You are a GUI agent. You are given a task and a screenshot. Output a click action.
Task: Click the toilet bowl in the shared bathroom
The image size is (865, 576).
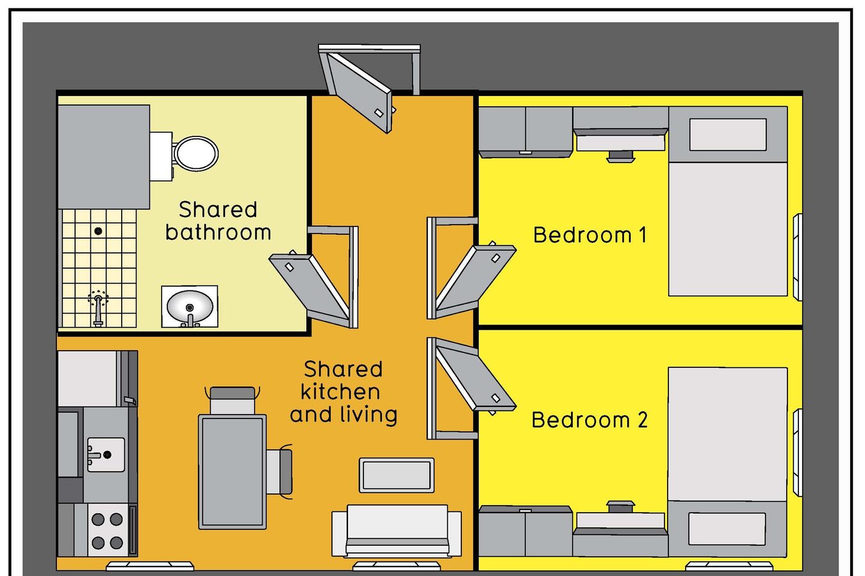pos(196,153)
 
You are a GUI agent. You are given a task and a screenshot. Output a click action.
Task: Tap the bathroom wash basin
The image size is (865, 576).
pos(189,307)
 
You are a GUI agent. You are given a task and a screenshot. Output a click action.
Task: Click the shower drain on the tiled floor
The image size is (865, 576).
pos(98,231)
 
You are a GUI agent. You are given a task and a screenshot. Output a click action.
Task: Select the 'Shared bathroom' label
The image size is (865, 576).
pos(218,221)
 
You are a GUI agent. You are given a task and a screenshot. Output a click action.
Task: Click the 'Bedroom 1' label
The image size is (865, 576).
pos(589,235)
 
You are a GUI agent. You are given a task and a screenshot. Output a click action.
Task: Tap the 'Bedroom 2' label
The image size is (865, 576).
pos(589,420)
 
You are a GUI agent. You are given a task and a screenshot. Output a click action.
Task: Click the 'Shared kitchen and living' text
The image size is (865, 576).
pos(343,392)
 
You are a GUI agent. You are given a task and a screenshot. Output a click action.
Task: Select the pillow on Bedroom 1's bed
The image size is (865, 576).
pos(727,134)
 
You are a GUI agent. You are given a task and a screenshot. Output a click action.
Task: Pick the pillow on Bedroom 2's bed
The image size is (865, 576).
pos(727,529)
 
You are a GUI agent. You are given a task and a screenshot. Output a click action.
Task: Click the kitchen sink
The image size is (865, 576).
pos(106,454)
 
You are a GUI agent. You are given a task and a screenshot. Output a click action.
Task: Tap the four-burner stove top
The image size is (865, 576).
pos(108,531)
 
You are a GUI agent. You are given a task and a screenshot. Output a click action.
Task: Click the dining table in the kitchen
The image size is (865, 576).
pos(232,472)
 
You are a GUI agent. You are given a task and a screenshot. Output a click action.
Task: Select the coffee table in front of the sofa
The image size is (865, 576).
pos(397,476)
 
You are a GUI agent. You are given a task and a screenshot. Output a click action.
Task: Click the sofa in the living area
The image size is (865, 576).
pos(397,531)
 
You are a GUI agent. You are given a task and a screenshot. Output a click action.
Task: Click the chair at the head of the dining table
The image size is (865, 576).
pos(232,401)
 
